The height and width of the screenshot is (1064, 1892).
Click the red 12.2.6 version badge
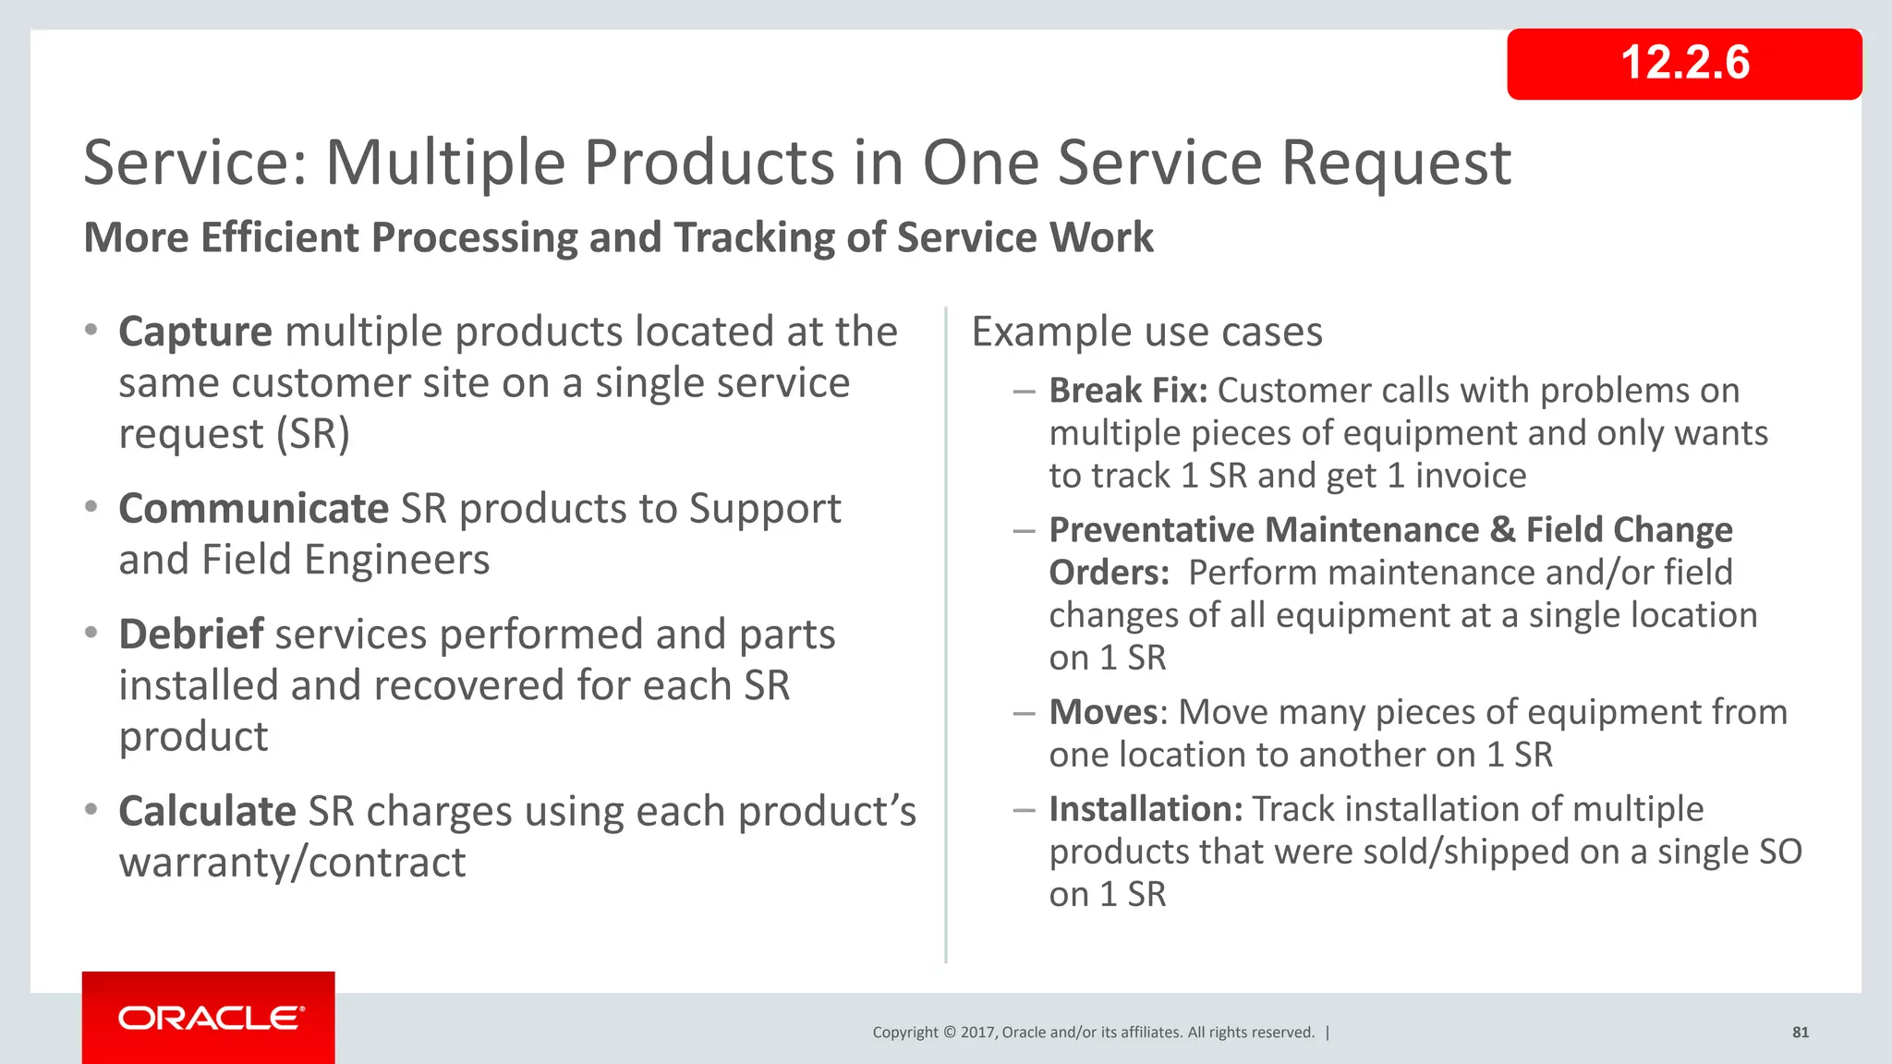coord(1684,64)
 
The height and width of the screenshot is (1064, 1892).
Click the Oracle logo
coord(210,1018)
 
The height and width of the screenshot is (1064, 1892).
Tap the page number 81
coord(1800,1033)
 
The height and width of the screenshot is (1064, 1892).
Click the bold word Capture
coord(195,332)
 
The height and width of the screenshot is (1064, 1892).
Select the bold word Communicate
coord(253,509)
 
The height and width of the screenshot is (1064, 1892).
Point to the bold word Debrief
coord(191,635)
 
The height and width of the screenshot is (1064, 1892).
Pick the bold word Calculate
coord(207,812)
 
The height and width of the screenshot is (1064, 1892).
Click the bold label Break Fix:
coord(1128,391)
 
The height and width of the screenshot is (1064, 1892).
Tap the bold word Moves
coord(1103,712)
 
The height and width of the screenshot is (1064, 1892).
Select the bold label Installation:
coord(1146,809)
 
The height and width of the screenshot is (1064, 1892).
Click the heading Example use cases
coord(1146,332)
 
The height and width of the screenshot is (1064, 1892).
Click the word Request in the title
coord(1395,163)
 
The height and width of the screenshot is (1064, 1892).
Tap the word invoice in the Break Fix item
coord(1471,476)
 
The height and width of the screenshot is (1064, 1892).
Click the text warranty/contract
coord(292,863)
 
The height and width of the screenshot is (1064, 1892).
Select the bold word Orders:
coord(1109,573)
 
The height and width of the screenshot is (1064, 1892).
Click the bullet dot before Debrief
coord(91,634)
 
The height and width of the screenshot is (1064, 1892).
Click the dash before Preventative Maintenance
coord(1023,531)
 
